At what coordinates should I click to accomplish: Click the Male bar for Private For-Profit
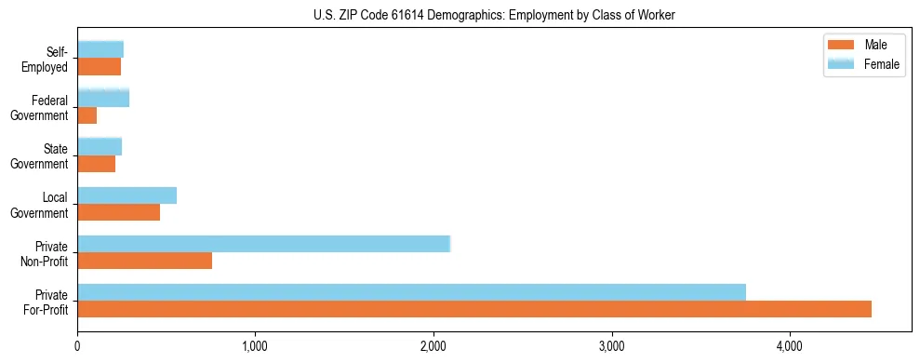pyautogui.click(x=474, y=309)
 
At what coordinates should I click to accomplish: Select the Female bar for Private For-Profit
pyautogui.click(x=411, y=292)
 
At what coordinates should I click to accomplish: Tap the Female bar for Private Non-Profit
pyautogui.click(x=263, y=244)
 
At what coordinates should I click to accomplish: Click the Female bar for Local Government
pyautogui.click(x=127, y=195)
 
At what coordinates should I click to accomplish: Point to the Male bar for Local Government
pyautogui.click(x=118, y=212)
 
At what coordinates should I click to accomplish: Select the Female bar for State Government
pyautogui.click(x=100, y=146)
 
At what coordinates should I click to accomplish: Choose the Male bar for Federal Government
pyautogui.click(x=87, y=115)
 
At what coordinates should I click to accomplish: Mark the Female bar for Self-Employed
pyautogui.click(x=100, y=49)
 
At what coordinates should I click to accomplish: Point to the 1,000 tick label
pyautogui.click(x=255, y=347)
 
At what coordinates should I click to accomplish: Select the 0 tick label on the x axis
pyautogui.click(x=77, y=347)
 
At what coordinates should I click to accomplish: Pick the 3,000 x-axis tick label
pyautogui.click(x=612, y=347)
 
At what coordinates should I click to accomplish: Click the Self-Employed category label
pyautogui.click(x=46, y=59)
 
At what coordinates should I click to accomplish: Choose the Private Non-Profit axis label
pyautogui.click(x=47, y=253)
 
